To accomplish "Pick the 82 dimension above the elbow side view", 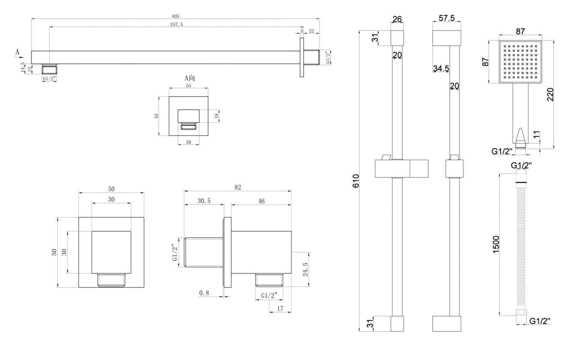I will [237, 187].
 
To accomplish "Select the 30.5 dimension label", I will [205, 202].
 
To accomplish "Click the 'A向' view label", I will [189, 78].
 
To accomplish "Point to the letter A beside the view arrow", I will [18, 51].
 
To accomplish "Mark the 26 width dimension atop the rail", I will [397, 19].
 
